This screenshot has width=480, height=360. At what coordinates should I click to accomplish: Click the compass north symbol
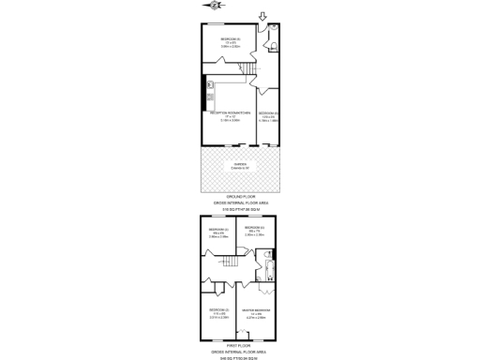(217, 6)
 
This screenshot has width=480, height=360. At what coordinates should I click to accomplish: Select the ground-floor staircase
(247, 70)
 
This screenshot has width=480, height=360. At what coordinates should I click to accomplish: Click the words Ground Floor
(240, 196)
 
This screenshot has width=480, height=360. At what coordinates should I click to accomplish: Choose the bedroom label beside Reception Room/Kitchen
(269, 114)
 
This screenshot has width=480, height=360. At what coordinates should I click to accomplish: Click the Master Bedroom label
(256, 311)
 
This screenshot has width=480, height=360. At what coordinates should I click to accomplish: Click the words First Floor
(240, 342)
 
